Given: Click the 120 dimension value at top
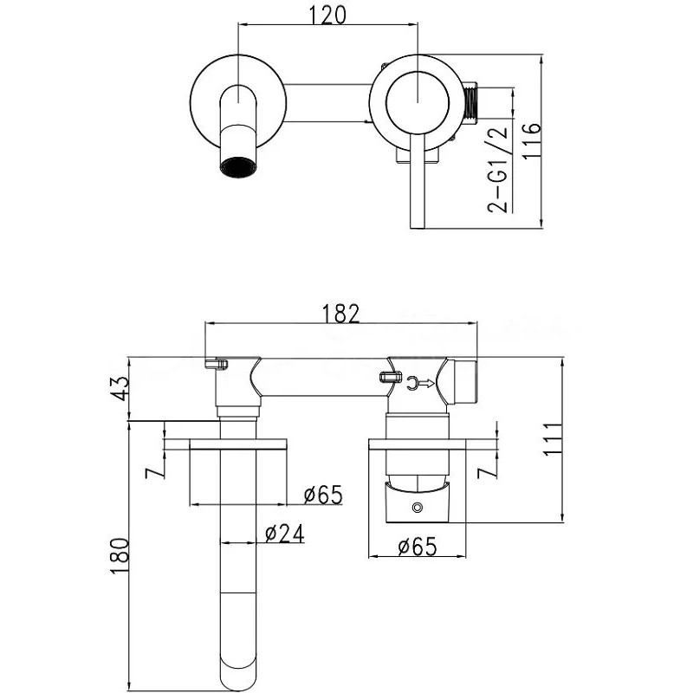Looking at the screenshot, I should point(327,16).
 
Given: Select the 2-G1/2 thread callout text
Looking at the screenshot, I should point(497,170).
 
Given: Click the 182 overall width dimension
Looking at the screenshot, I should point(340,313).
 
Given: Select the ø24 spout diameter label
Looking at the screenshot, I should point(282,534).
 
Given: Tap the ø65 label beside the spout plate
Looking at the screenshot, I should point(322,495).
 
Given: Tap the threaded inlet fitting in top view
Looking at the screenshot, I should point(472,103).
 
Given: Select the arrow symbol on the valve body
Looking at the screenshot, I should point(417,380).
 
